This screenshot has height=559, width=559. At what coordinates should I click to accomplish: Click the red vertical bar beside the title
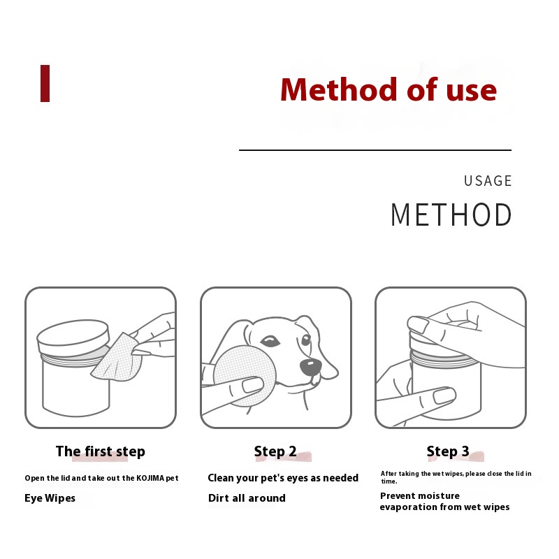[x=45, y=83]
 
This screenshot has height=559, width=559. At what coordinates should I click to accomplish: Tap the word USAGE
[x=488, y=181]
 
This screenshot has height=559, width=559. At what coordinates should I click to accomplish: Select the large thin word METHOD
[x=451, y=215]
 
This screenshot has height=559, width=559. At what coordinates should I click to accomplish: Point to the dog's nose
[x=310, y=367]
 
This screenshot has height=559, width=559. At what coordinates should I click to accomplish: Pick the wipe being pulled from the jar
[x=116, y=357]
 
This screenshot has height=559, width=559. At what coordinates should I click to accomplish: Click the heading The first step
[x=101, y=451]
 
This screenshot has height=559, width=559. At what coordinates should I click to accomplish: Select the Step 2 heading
[x=275, y=451]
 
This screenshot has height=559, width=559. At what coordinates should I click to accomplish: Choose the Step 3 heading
[x=448, y=451]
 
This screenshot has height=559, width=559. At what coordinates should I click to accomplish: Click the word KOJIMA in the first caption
[x=150, y=478]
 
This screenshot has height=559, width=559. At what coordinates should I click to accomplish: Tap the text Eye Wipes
[x=50, y=498]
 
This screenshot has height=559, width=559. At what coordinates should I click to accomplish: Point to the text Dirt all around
[x=247, y=498]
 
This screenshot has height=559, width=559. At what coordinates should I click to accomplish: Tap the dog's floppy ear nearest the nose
[x=324, y=346]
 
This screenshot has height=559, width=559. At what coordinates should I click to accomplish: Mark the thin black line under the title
[x=375, y=150]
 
